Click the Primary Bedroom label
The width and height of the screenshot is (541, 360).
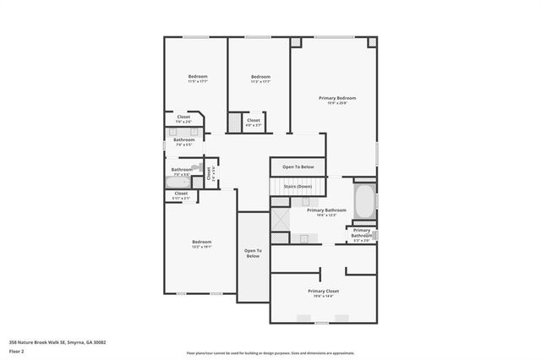[x=336, y=98]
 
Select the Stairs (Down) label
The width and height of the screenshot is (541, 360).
[x=298, y=185]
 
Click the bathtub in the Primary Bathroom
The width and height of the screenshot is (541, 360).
[x=364, y=201]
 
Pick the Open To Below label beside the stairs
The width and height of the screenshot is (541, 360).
[x=298, y=166]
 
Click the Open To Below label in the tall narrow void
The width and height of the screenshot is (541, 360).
[x=253, y=253]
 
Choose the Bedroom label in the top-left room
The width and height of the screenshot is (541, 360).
[x=197, y=77]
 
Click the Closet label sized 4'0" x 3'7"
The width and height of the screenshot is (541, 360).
[x=254, y=120]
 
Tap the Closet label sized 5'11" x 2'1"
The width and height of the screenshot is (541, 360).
[x=181, y=194]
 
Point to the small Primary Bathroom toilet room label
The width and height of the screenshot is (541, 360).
[x=362, y=232]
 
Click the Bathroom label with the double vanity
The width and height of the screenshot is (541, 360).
[x=183, y=139]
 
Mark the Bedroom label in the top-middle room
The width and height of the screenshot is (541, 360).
[x=260, y=77]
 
